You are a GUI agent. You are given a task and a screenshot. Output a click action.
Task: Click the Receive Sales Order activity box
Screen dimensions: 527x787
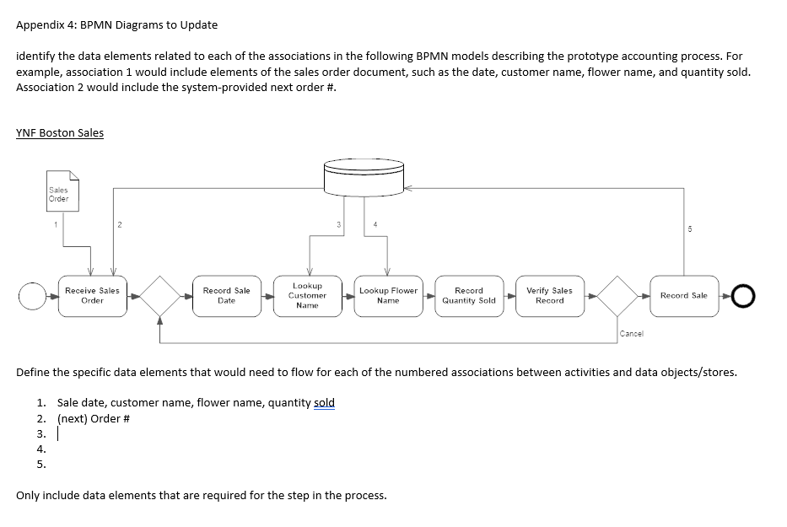click(92, 295)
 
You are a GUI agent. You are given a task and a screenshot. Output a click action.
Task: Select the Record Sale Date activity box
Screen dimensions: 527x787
click(226, 295)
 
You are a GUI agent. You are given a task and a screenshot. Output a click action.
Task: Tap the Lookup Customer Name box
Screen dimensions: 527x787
click(307, 295)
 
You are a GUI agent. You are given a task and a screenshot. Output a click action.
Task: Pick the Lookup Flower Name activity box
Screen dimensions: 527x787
click(388, 295)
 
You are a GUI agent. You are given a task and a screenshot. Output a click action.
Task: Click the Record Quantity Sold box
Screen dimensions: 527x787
click(469, 295)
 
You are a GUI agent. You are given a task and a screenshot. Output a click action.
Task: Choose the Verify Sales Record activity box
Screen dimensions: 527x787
click(549, 295)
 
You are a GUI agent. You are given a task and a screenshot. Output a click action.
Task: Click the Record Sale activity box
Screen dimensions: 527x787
click(683, 295)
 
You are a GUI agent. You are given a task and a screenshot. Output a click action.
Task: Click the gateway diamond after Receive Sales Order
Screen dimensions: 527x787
click(160, 296)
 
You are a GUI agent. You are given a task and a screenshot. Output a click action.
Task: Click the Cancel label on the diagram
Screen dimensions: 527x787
click(630, 334)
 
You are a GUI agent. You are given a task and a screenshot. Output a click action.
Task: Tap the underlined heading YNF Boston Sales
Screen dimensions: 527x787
click(60, 132)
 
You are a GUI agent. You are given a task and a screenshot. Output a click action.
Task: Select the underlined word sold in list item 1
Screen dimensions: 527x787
click(324, 402)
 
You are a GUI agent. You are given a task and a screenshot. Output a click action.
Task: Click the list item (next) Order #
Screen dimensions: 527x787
click(93, 418)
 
